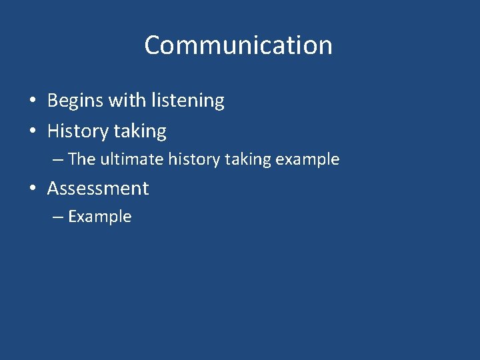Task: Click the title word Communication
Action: click(x=238, y=45)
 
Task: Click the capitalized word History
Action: click(x=77, y=131)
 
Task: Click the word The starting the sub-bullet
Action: click(x=82, y=159)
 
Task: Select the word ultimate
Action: click(x=131, y=159)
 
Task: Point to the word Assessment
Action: click(x=98, y=189)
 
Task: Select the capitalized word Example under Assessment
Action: click(x=100, y=217)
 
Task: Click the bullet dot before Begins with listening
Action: click(x=32, y=101)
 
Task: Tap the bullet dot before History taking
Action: click(x=32, y=132)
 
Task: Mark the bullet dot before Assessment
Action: click(x=32, y=189)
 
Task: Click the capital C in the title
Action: click(x=153, y=45)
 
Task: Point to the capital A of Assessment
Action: click(x=53, y=189)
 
